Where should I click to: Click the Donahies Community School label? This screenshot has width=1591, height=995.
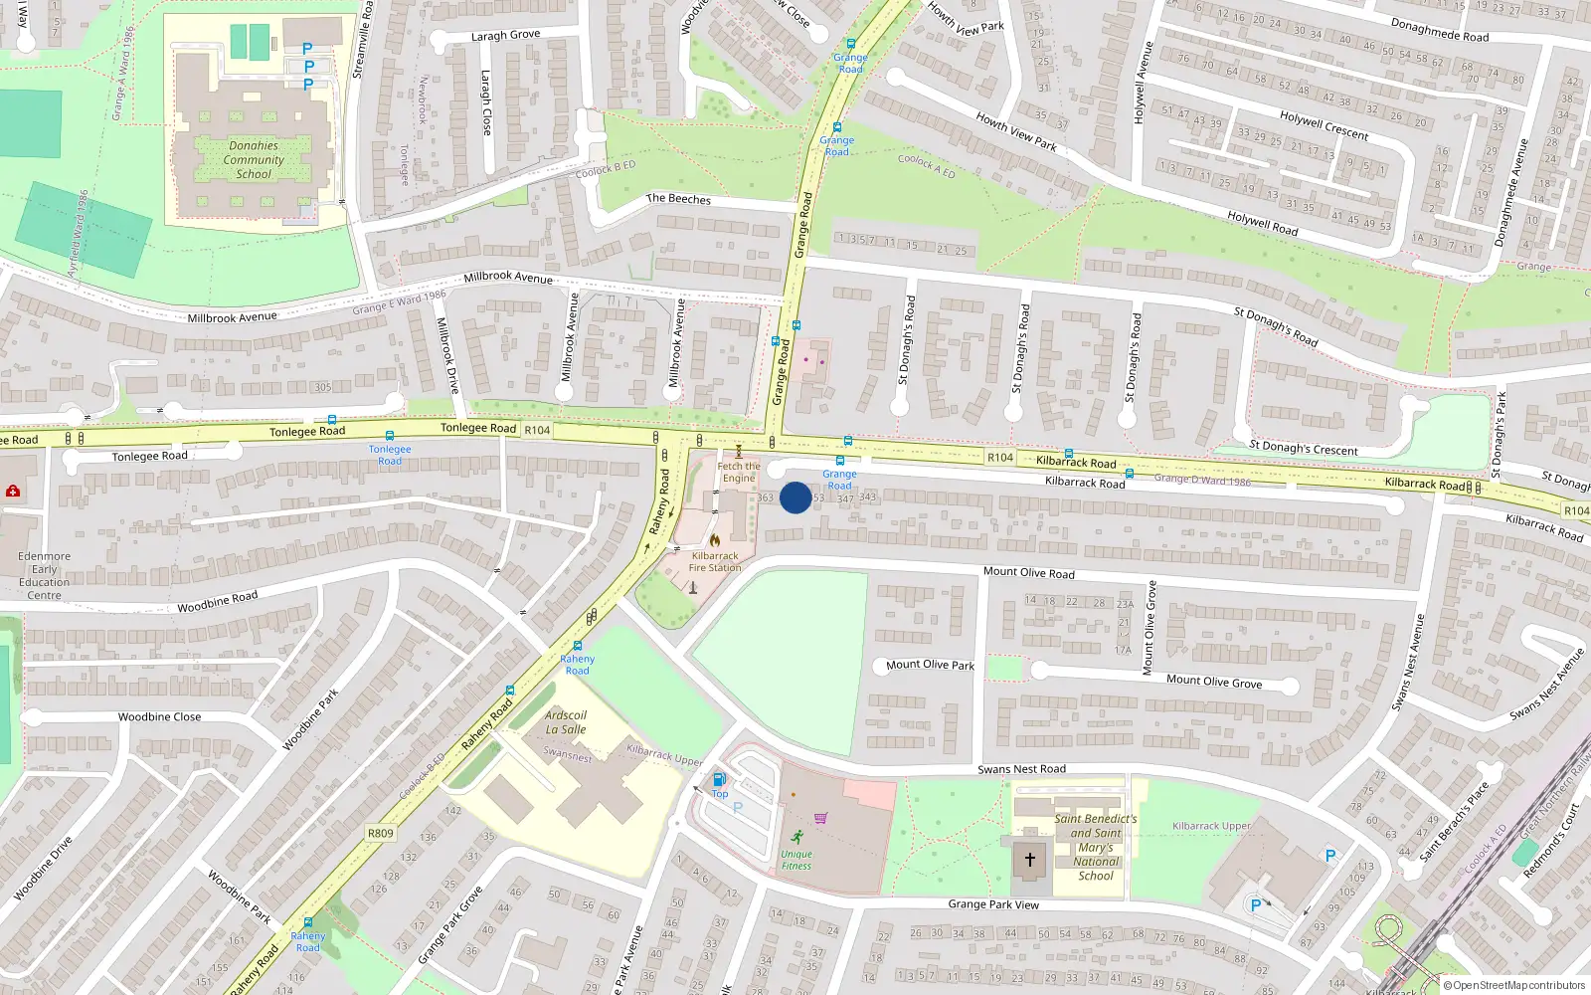[254, 159]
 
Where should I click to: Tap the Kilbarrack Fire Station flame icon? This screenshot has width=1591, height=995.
[714, 540]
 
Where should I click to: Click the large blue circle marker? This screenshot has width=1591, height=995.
[795, 497]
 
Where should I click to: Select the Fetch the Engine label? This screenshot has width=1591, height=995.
[739, 472]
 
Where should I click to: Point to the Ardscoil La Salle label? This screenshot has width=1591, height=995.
[566, 722]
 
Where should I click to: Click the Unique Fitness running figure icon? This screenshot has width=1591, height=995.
[796, 837]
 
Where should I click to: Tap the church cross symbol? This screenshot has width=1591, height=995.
[1030, 859]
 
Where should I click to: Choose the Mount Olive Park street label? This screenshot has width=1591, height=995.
[930, 665]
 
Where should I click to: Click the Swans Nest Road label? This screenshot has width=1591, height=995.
[1021, 769]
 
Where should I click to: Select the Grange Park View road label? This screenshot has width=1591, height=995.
[993, 904]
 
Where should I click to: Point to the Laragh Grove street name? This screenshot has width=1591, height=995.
[505, 36]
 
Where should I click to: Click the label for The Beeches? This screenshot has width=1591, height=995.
[678, 199]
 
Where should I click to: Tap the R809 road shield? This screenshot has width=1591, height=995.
[381, 834]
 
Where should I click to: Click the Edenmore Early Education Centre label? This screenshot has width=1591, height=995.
[45, 576]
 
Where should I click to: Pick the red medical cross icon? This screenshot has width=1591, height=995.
[13, 491]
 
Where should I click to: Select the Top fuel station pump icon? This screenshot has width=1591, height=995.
[719, 780]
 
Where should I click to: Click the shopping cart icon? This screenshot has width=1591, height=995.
[821, 818]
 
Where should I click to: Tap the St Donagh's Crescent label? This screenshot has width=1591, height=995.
[1303, 449]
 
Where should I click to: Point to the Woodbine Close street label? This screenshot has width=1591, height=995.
[159, 716]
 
